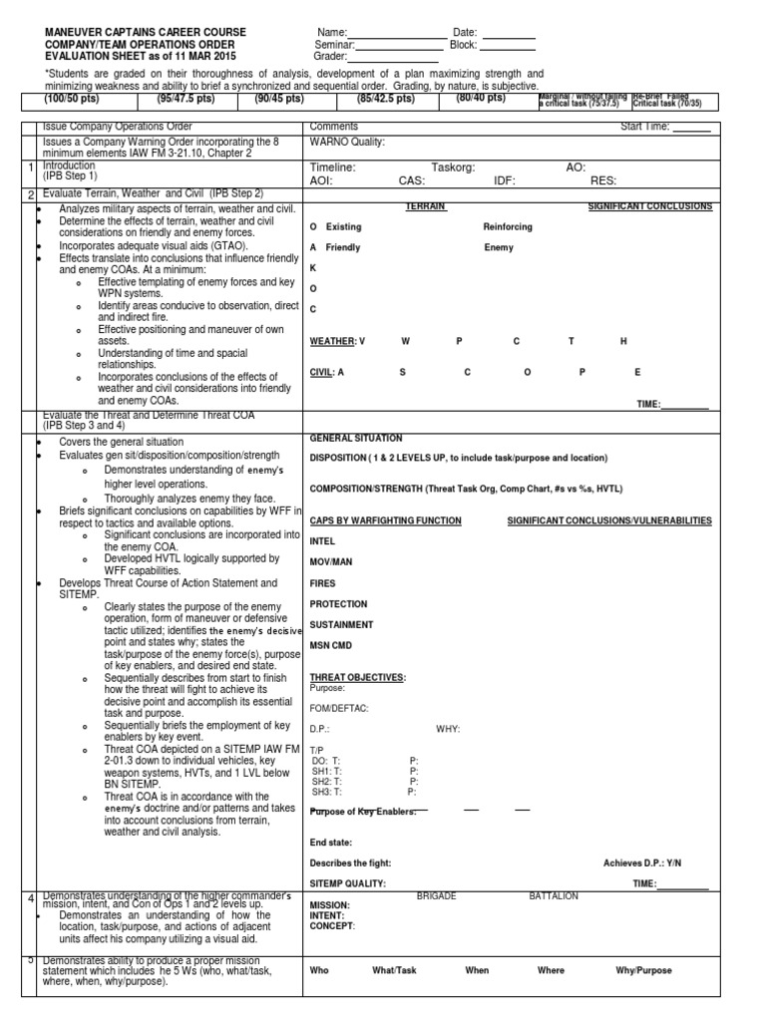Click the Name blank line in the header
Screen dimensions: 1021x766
pyautogui.click(x=396, y=37)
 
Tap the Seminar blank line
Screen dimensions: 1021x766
pyautogui.click(x=401, y=48)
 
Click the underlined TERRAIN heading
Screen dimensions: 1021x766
pyautogui.click(x=426, y=206)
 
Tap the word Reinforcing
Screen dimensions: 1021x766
pyautogui.click(x=508, y=227)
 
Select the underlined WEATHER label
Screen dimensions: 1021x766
pyautogui.click(x=333, y=342)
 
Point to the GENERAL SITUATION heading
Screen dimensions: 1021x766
pyautogui.click(x=356, y=438)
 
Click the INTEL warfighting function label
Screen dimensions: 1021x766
pyautogui.click(x=323, y=542)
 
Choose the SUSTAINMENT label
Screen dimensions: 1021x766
pyautogui.click(x=342, y=625)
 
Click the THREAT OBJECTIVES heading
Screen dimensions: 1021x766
pyautogui.click(x=357, y=677)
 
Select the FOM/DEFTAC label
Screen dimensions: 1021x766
pyautogui.click(x=339, y=708)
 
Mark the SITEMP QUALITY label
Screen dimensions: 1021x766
pyautogui.click(x=348, y=883)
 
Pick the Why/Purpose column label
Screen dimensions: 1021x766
pyautogui.click(x=645, y=969)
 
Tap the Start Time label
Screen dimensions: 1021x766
pyautogui.click(x=646, y=127)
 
